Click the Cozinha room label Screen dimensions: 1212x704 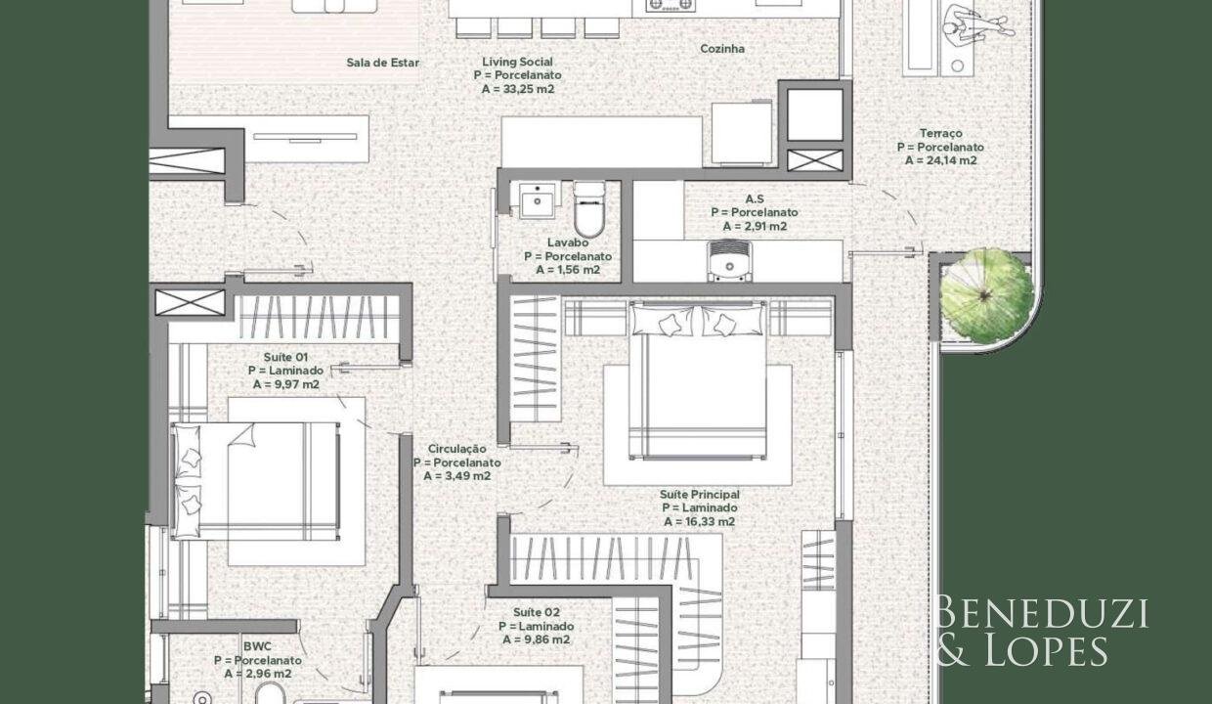point(722,49)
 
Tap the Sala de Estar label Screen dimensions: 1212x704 point(382,63)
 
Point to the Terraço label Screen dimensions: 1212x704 point(941,134)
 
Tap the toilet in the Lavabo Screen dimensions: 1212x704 point(588,209)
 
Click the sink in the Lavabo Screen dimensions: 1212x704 point(538,200)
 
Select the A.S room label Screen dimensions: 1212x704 point(755,199)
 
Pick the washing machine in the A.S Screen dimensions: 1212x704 point(729,261)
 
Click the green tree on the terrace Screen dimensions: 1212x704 point(986,295)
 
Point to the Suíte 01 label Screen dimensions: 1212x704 point(285,357)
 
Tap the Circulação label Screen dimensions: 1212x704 point(456,449)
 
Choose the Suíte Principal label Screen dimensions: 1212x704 point(699,495)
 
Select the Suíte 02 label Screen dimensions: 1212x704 point(537,612)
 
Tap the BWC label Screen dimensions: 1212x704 point(258,646)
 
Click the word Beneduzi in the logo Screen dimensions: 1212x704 point(1041,614)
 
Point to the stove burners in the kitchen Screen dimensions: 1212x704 point(671,6)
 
